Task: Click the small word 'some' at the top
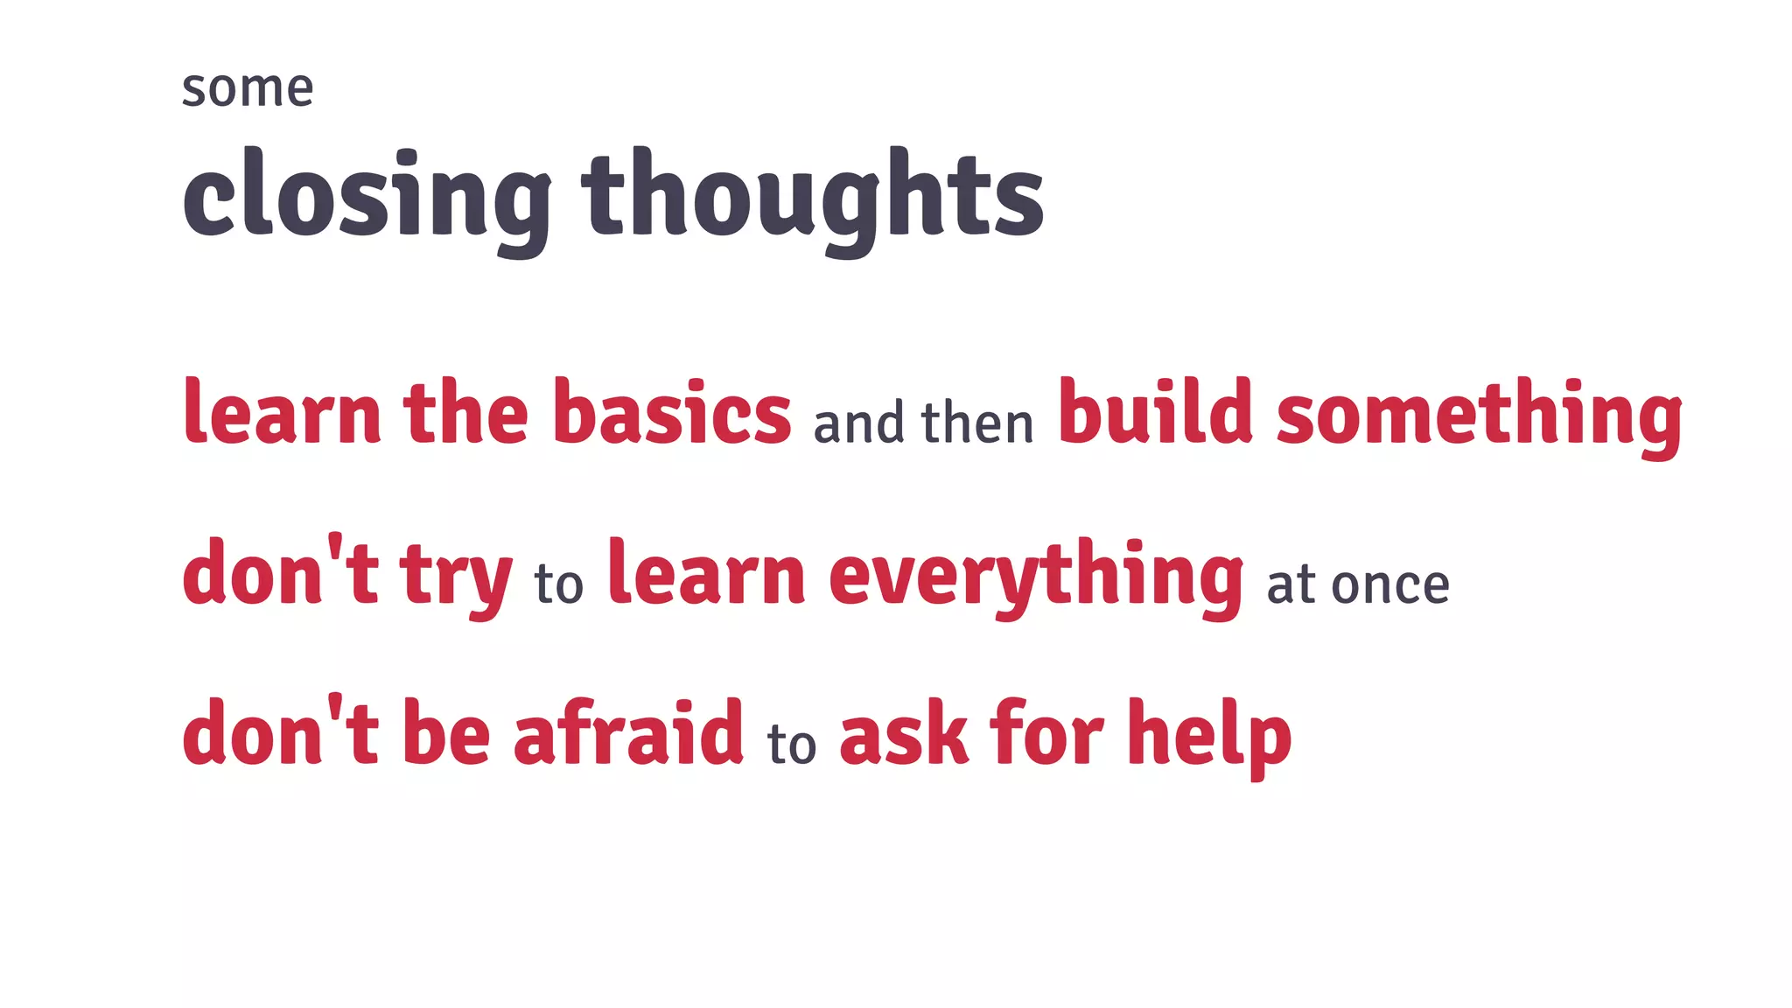247,89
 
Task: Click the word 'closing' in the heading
367,198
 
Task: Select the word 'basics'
671,413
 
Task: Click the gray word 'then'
977,423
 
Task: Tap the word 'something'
1479,415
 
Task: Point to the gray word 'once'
1390,584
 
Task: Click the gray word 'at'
1291,584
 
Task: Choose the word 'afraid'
628,733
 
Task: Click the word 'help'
1209,735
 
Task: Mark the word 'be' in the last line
446,733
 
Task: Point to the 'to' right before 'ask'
792,744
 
